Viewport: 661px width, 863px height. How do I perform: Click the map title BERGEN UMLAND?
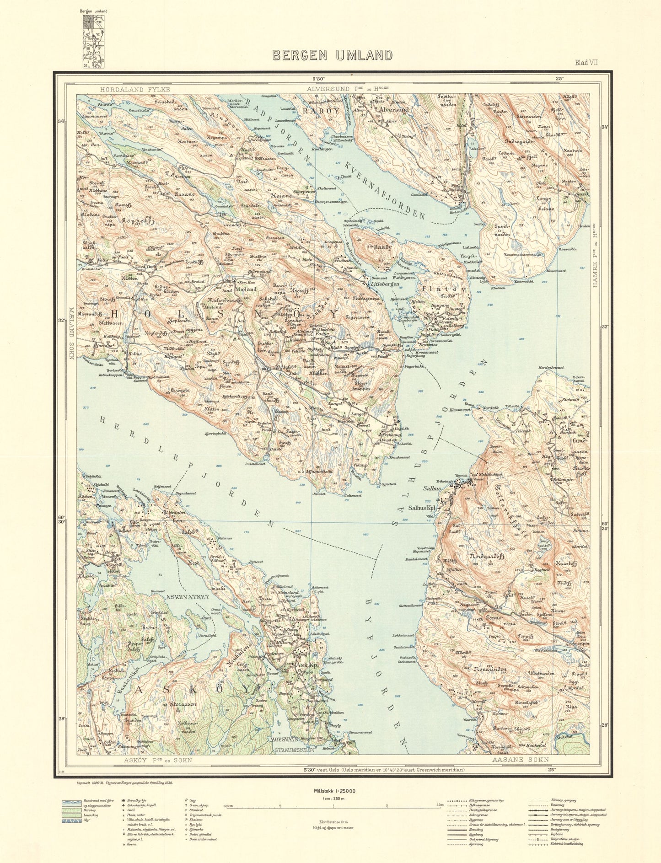point(333,55)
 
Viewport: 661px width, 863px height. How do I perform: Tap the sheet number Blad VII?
point(586,63)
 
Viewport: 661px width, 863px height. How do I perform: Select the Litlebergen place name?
point(386,284)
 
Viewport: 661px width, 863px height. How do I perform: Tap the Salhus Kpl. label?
point(423,507)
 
